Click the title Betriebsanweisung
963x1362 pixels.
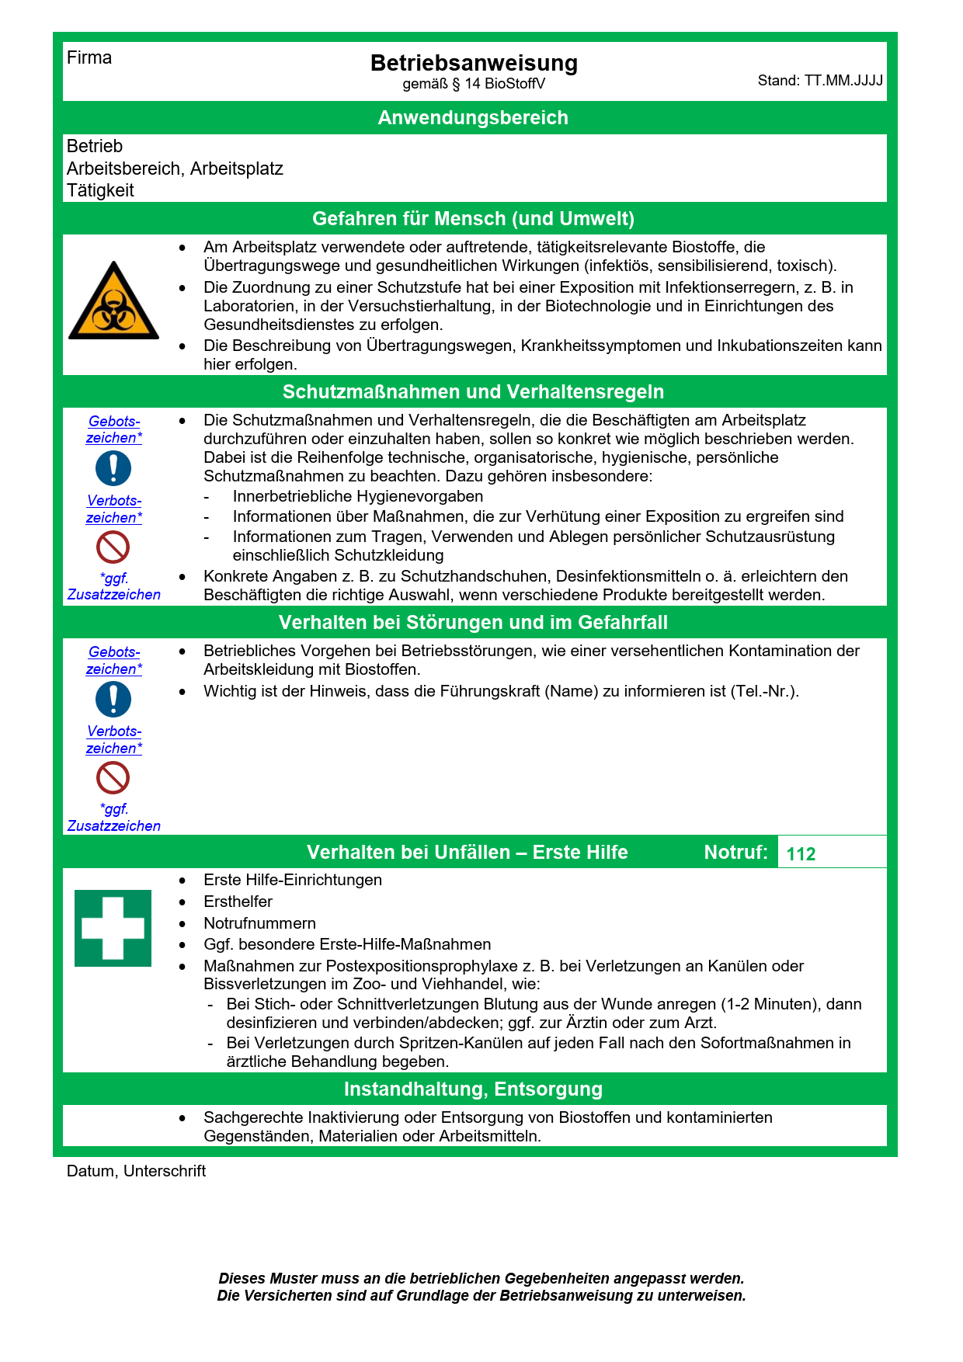(x=474, y=63)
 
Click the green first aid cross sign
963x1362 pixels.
(x=113, y=928)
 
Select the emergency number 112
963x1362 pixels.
(x=801, y=854)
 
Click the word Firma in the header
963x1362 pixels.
(x=89, y=57)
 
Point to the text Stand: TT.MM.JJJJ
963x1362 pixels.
(x=820, y=81)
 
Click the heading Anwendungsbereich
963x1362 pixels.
(x=473, y=118)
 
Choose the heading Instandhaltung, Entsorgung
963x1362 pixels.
(x=473, y=1089)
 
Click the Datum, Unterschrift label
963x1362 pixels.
(x=136, y=1171)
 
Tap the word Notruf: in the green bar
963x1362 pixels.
(x=735, y=853)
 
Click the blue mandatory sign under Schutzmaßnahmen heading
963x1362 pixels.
(x=113, y=469)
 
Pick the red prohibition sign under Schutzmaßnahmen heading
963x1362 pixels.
(x=113, y=547)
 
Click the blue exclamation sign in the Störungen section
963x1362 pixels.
(x=113, y=700)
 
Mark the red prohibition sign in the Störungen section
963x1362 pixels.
(x=113, y=777)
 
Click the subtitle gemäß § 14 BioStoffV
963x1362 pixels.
(x=474, y=84)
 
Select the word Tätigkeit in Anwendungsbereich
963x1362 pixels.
(x=100, y=190)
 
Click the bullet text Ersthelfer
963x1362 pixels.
(x=238, y=902)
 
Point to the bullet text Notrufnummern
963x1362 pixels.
(x=259, y=923)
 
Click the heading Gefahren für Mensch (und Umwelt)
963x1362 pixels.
(x=473, y=219)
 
